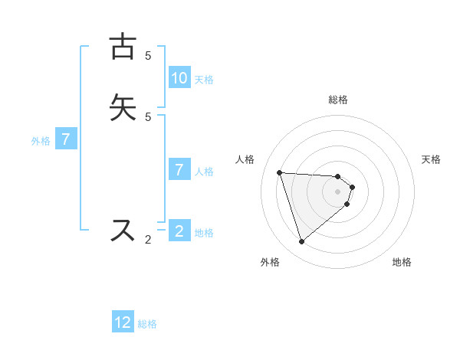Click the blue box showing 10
(179, 77)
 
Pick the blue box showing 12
(123, 322)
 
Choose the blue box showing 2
(179, 231)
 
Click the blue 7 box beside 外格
(67, 139)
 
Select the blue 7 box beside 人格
(179, 169)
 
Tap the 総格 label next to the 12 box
(147, 324)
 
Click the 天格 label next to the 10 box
(204, 79)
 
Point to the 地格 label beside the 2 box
(204, 233)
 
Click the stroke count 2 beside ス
(148, 240)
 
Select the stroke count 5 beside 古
(148, 55)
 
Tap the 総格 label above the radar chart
(338, 100)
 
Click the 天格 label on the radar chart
(431, 159)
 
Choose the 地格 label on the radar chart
(402, 262)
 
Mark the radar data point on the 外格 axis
(301, 242)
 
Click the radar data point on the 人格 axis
(279, 172)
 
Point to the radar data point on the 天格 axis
(353, 187)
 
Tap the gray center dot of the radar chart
(338, 201)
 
